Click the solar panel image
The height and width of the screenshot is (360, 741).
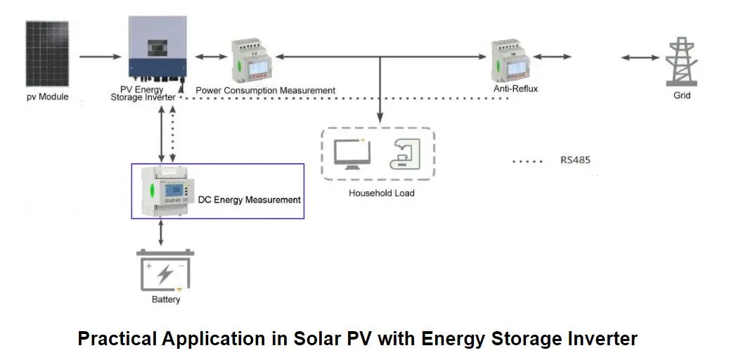point(48,53)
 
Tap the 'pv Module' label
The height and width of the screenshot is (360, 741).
point(48,96)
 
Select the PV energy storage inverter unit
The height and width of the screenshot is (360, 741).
point(156,49)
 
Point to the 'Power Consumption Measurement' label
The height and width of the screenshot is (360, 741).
point(265,91)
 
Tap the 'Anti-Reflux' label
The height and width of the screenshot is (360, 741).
point(516,89)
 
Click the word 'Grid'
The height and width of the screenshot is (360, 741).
point(682,95)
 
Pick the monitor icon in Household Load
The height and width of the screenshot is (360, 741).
point(350,153)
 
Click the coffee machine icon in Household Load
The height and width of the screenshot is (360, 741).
point(405,154)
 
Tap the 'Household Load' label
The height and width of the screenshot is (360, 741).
point(382,193)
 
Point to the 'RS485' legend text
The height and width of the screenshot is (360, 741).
point(575,160)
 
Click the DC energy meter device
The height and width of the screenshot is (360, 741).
point(176,190)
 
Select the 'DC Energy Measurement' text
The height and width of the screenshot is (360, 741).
point(249,200)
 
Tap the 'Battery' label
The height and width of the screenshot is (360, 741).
point(166,300)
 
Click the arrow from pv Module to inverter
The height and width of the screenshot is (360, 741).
point(101,56)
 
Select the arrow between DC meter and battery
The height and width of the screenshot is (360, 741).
point(162,232)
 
